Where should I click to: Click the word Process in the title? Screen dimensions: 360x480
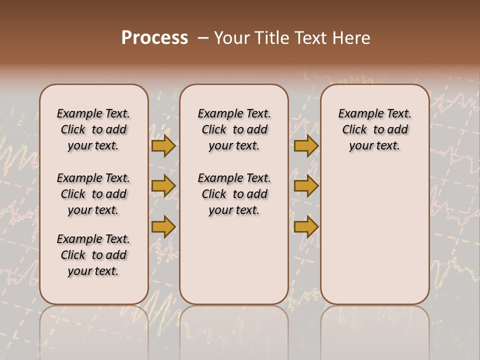[154, 38]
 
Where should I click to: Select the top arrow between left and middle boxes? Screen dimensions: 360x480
[163, 145]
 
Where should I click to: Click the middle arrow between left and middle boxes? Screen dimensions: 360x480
[163, 186]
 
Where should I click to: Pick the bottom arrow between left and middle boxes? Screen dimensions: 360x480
[163, 226]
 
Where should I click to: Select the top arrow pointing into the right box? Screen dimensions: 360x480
[306, 145]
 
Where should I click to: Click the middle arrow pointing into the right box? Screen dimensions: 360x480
[306, 186]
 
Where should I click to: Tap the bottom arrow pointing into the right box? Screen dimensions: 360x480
[306, 226]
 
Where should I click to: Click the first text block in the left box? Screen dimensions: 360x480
[93, 129]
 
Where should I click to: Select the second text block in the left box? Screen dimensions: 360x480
[93, 194]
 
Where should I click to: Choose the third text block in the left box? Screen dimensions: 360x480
[93, 255]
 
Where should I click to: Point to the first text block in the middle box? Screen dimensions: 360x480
[234, 129]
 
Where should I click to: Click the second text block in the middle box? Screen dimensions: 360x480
[234, 194]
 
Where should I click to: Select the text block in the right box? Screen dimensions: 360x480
[374, 129]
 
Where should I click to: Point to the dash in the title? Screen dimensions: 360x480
[203, 38]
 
